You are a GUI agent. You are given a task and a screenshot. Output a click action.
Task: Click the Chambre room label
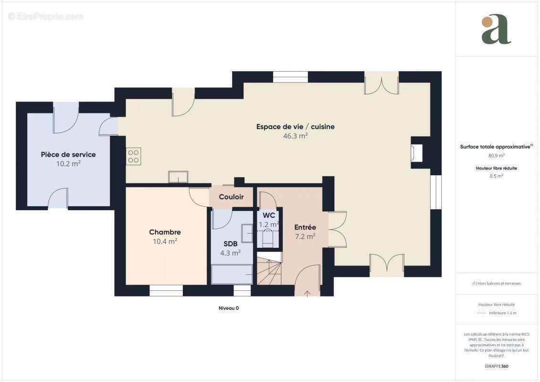(165, 233)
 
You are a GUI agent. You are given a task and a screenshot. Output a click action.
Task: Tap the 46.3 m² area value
(295, 136)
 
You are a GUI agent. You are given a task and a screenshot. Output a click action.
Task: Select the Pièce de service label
(68, 155)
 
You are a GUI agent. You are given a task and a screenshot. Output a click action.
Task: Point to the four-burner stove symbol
(133, 156)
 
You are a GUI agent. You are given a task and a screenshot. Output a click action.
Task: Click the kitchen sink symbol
(178, 177)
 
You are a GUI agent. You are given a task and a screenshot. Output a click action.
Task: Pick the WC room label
(268, 215)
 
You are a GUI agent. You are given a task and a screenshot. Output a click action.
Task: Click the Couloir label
(231, 197)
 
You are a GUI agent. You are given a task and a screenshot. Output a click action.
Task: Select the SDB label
(230, 244)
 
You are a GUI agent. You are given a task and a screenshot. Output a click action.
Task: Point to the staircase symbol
(269, 272)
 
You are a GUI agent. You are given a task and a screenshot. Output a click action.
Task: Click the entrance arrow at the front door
(307, 292)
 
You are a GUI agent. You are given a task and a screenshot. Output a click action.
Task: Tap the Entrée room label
(305, 227)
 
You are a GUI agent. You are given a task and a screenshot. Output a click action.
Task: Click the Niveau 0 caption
(229, 308)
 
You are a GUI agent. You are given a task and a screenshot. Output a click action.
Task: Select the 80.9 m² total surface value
(496, 155)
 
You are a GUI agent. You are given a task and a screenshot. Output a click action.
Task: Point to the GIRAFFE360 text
(496, 367)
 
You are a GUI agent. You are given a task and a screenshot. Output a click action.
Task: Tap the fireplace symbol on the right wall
(415, 152)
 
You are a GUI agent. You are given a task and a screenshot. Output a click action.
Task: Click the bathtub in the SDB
(232, 275)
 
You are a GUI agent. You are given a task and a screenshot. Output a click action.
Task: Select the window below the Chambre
(166, 290)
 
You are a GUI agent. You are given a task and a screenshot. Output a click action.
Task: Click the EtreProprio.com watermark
(46, 17)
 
